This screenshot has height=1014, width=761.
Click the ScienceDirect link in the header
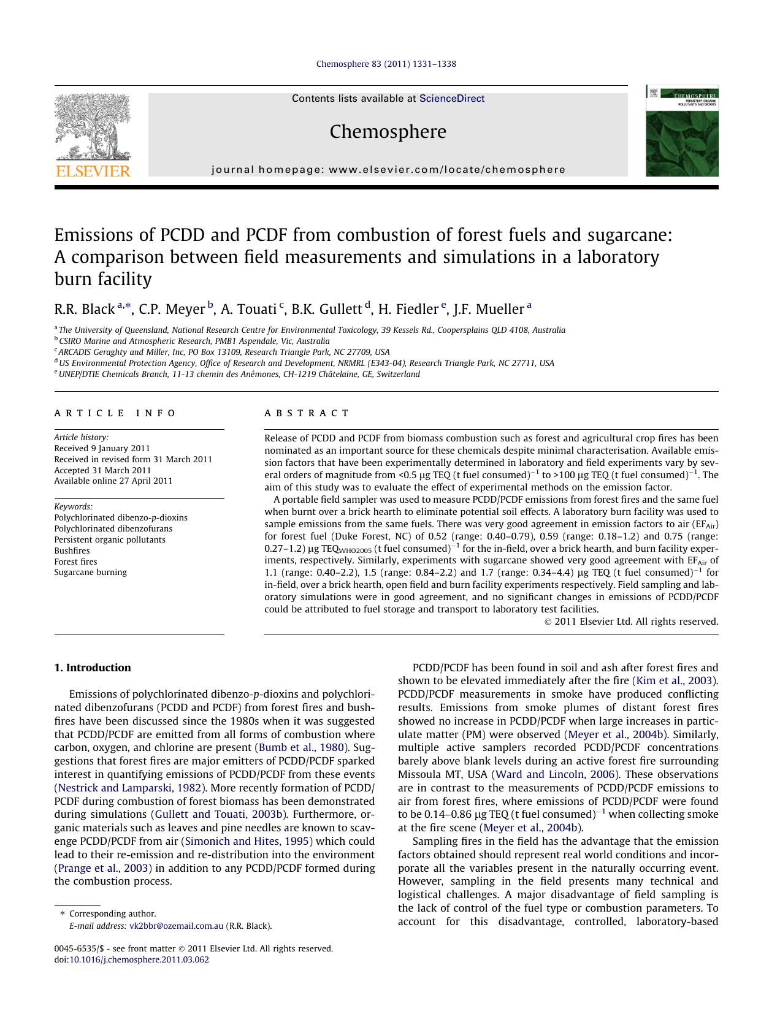451,99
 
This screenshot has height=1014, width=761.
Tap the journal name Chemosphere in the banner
388,132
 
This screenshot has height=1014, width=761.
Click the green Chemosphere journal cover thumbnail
681,131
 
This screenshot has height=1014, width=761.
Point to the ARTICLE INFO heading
115,413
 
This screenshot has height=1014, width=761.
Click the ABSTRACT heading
307,413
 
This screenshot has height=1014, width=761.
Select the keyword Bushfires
72,551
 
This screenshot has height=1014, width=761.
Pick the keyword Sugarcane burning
90,573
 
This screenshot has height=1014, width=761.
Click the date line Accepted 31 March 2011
102,470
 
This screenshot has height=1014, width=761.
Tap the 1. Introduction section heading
93,668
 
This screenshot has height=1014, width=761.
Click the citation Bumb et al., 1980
301,747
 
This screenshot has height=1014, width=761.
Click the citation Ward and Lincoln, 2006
555,774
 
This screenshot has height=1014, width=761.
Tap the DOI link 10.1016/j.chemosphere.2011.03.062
139,959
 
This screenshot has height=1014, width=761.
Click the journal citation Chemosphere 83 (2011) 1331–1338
386,64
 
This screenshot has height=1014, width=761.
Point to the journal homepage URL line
388,170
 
